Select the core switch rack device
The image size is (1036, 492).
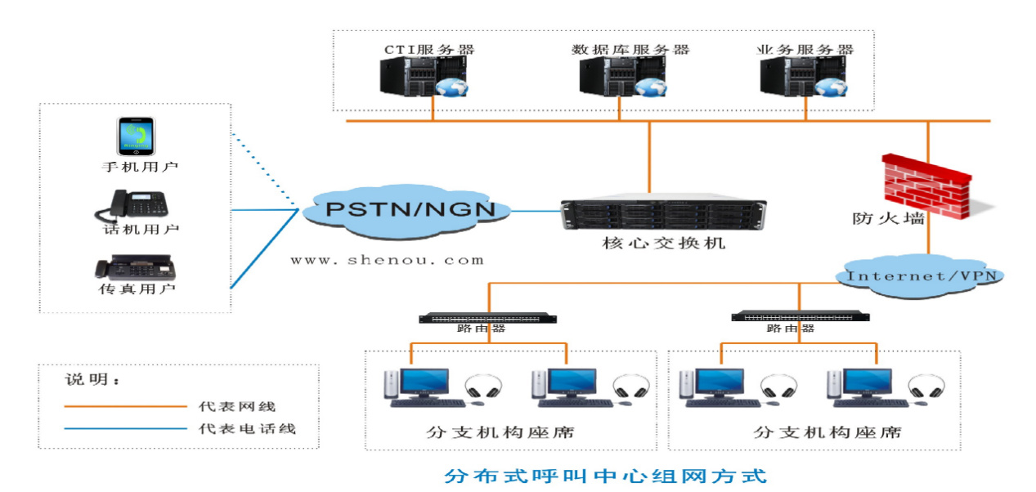[x=662, y=214]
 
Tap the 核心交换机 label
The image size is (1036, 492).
[x=663, y=244]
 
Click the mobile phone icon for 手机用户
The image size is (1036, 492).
[x=137, y=136]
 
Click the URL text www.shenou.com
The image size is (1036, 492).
[x=387, y=261]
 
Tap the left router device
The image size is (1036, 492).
[x=488, y=318]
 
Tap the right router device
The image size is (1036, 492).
[x=800, y=315]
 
